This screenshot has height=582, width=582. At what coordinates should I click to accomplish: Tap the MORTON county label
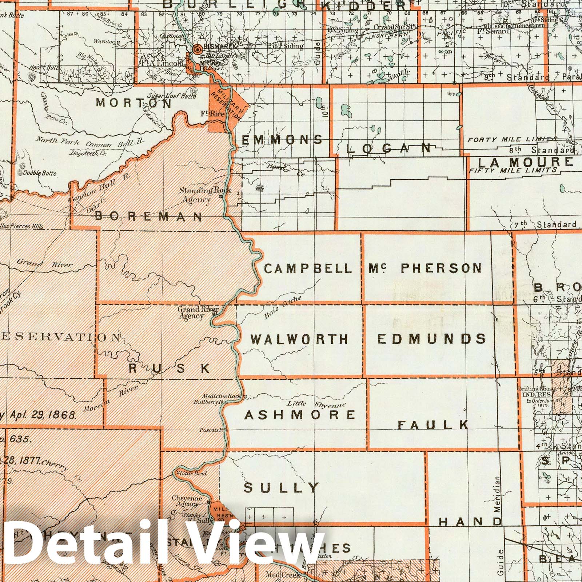[134, 103]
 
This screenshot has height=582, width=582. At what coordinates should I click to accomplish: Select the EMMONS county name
[282, 140]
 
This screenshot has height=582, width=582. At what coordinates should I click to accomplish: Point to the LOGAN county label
[389, 148]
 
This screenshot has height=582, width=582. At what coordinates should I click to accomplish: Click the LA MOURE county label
[525, 163]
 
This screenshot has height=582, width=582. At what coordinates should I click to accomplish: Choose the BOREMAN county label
[148, 217]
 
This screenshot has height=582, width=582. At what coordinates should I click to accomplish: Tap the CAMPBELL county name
[308, 269]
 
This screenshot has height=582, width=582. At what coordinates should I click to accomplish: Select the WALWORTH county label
[299, 340]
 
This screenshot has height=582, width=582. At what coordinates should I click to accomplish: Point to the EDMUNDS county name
[432, 339]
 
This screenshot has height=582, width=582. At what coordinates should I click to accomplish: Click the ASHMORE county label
[300, 415]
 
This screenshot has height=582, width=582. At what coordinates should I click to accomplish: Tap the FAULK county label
[433, 425]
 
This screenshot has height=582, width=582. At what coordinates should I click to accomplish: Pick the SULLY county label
[282, 488]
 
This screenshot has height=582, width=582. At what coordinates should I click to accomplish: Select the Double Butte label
[40, 173]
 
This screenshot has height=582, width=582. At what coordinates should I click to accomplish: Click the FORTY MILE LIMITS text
[512, 139]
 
